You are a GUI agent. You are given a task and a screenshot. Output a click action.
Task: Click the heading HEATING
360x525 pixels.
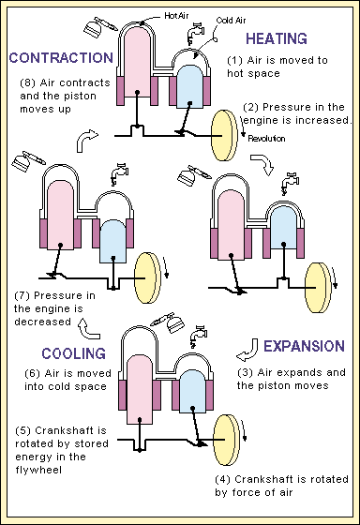(x=277, y=38)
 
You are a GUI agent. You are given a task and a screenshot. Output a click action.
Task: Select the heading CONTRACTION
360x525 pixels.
(x=61, y=58)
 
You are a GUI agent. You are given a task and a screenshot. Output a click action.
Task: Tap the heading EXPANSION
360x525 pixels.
(x=304, y=346)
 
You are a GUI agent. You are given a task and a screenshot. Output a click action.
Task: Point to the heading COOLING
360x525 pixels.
(x=74, y=353)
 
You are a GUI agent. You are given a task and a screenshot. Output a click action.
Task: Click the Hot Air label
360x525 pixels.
(x=176, y=15)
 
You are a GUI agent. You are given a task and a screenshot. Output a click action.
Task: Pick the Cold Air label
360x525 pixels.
(x=231, y=21)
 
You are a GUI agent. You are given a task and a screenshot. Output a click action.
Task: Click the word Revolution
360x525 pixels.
(x=266, y=139)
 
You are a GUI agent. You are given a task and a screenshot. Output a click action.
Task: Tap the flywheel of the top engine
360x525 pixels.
(x=224, y=135)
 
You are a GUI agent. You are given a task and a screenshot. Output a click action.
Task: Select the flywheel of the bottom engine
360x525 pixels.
(x=226, y=440)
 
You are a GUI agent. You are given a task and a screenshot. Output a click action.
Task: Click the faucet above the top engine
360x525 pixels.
(x=195, y=33)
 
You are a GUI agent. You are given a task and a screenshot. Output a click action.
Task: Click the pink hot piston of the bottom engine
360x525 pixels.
(x=140, y=389)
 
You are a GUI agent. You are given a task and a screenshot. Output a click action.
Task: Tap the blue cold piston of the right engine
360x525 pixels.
(x=283, y=227)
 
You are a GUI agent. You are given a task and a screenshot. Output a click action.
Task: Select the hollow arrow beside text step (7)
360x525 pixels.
(x=89, y=328)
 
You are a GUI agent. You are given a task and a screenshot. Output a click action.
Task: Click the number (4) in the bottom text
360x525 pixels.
(x=222, y=479)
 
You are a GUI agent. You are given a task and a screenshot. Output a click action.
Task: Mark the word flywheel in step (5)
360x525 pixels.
(x=38, y=470)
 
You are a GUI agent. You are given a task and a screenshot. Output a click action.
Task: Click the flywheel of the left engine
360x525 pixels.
(x=147, y=277)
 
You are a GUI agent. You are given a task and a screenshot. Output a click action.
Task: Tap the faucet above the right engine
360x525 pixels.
(x=291, y=184)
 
